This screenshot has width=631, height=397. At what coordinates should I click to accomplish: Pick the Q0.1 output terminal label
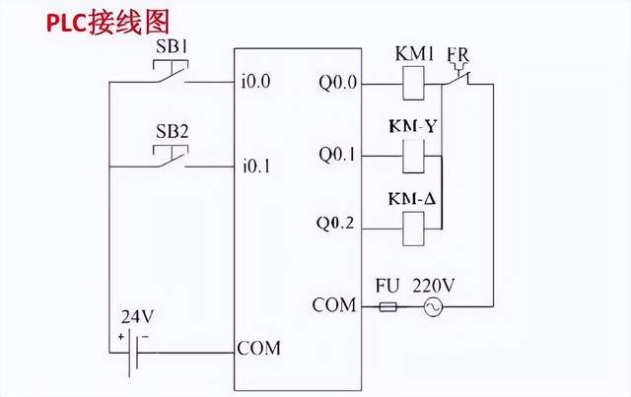pos(338,155)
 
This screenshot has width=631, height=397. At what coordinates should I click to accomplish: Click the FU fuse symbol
pos(388,306)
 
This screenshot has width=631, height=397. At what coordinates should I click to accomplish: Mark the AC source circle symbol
pos(432,306)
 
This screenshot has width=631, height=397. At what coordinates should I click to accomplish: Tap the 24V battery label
pos(136,319)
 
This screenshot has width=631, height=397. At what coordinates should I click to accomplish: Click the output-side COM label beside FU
pos(333,305)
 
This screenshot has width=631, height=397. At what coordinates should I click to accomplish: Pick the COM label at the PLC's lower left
pos(258,348)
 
